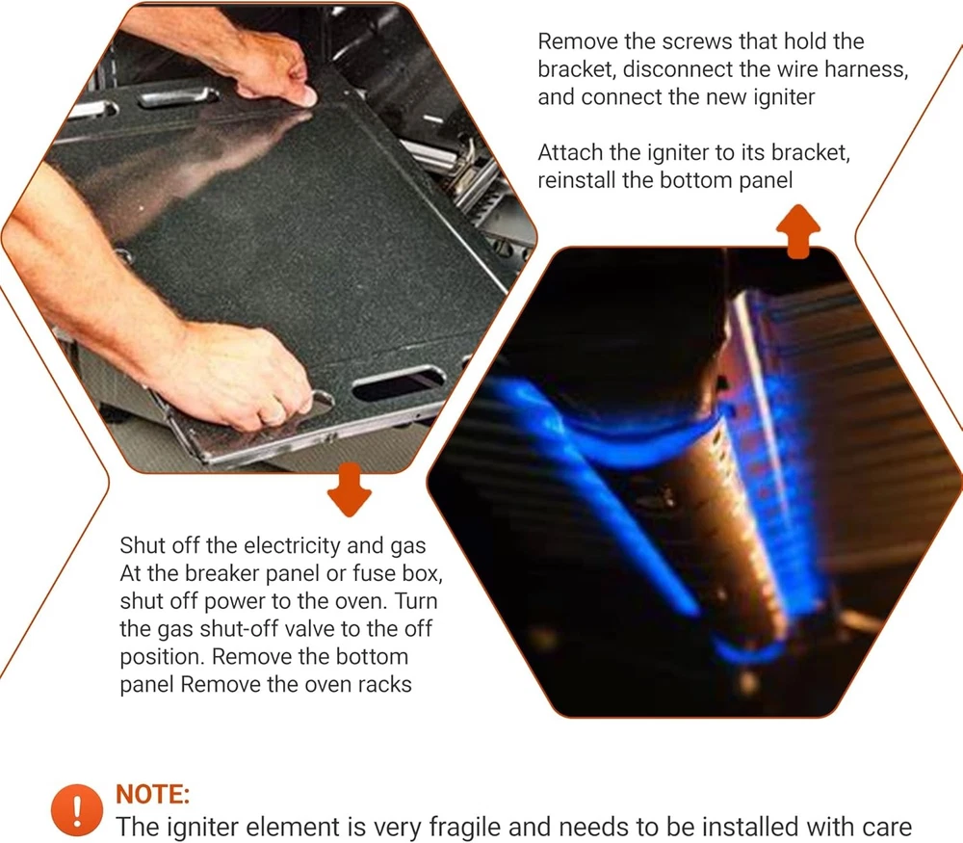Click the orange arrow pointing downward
(x=349, y=489)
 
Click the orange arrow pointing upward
(x=797, y=231)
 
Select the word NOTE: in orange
(x=152, y=794)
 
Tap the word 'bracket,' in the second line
(x=577, y=69)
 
